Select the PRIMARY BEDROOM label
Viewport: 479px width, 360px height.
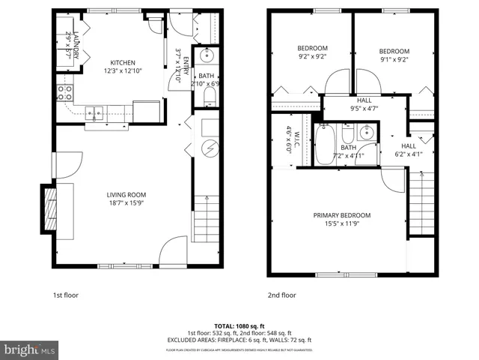341,215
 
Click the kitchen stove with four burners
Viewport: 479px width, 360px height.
65,93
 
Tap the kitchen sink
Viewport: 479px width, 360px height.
94,113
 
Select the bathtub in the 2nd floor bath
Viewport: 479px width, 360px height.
325,144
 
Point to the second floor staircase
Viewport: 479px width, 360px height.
423,202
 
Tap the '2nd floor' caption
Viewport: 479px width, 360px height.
282,295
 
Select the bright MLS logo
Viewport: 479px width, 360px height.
30,349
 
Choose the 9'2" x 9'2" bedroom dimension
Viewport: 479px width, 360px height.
313,57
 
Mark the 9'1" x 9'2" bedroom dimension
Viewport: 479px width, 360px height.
394,59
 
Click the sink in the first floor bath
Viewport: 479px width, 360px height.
206,57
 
